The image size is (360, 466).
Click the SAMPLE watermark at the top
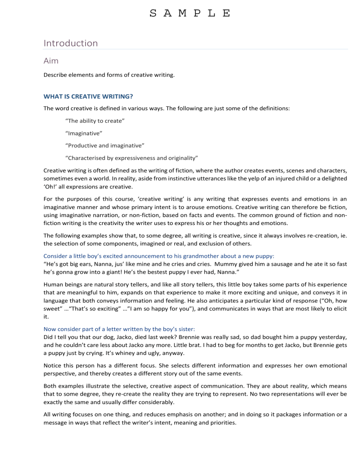189,13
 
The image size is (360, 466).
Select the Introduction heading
70,43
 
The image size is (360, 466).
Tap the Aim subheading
52,61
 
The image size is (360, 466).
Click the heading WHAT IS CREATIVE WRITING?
89,97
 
